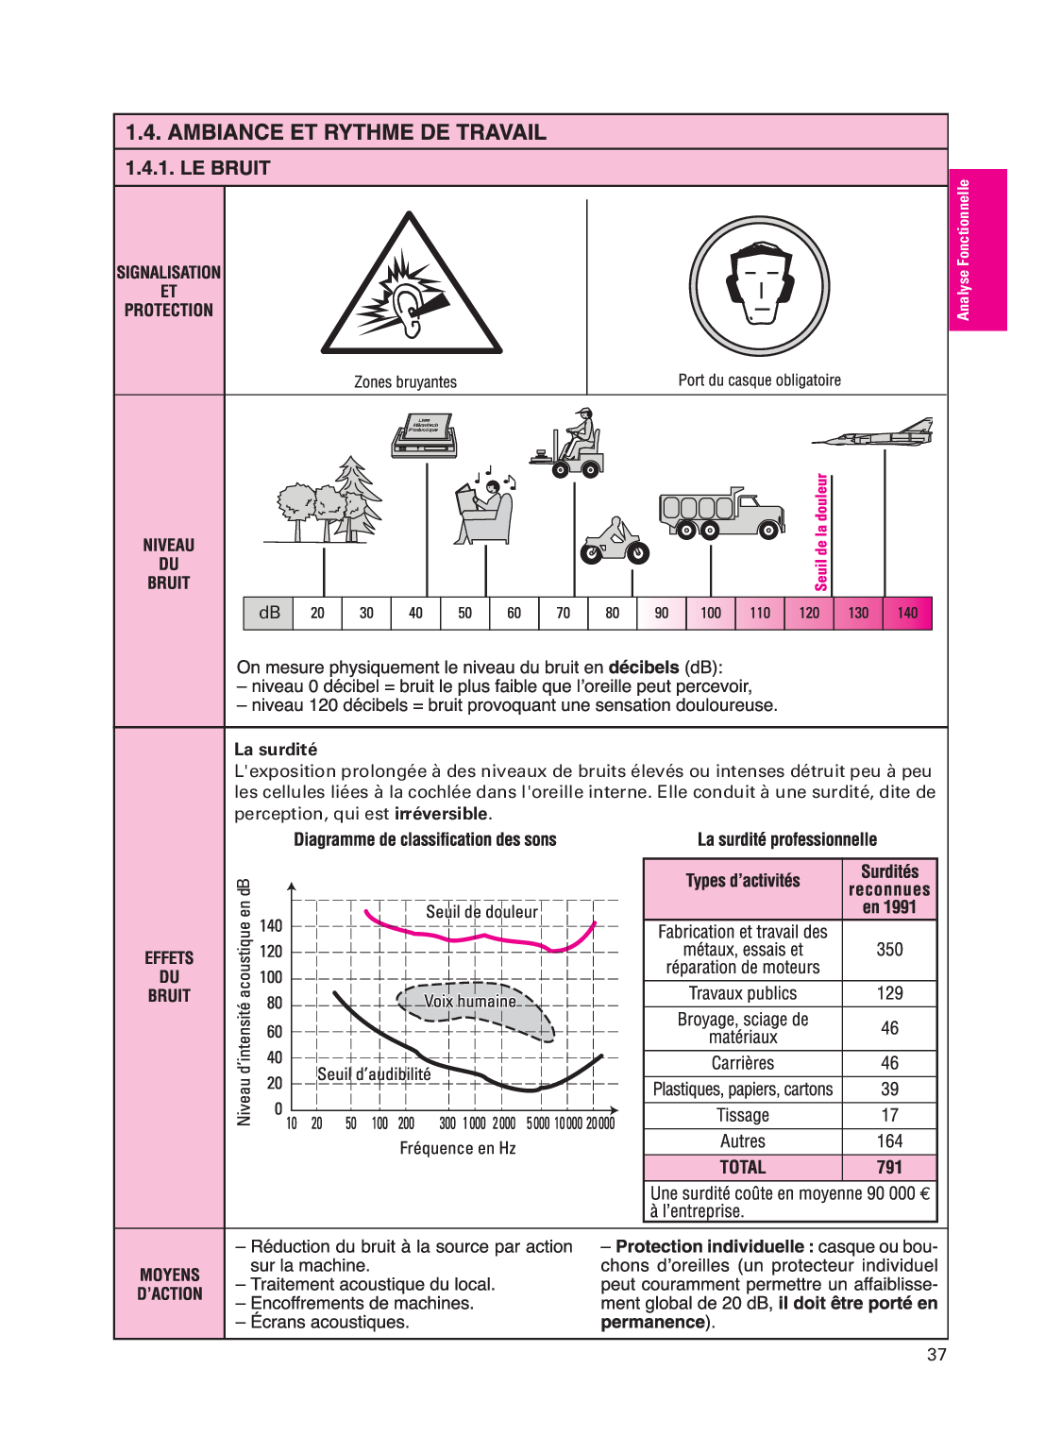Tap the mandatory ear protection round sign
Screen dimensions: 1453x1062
759,286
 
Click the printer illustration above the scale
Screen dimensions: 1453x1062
424,434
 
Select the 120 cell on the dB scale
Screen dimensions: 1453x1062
809,613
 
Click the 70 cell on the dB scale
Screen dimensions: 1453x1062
564,613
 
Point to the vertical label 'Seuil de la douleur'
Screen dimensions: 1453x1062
821,532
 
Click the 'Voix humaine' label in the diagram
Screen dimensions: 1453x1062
470,1001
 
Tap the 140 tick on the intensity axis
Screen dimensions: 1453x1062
271,925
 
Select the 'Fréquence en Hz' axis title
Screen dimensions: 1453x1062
458,1148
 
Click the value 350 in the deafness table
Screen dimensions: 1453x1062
889,949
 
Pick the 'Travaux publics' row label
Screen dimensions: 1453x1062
742,993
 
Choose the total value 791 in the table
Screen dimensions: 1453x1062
889,1167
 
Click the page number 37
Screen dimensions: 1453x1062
936,1354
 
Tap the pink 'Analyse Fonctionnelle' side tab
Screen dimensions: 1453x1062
977,250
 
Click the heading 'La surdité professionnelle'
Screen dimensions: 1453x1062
787,839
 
